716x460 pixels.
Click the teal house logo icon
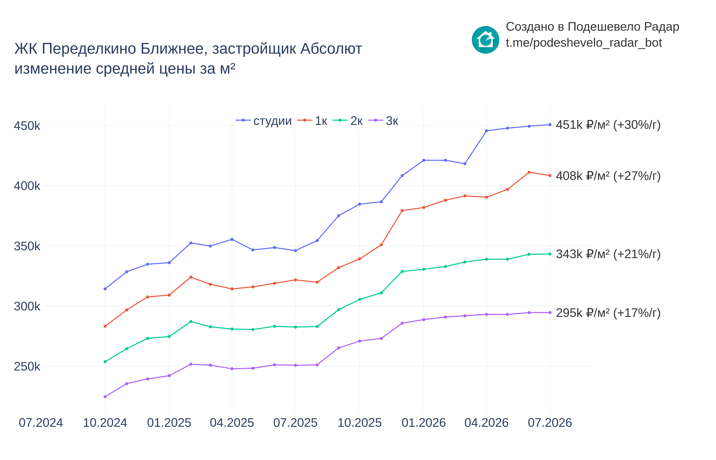coord(485,40)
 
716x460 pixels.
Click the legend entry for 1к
coord(312,121)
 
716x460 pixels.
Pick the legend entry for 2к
coord(348,121)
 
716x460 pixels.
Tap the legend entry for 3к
coord(383,121)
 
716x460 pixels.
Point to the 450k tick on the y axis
coord(27,126)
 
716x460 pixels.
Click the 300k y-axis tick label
coord(27,306)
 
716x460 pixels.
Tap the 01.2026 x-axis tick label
coord(423,423)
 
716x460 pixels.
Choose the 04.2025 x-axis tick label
coord(232,423)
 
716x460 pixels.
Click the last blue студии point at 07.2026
coord(550,125)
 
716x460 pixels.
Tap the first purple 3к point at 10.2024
coord(105,397)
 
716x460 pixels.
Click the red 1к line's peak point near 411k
coord(529,172)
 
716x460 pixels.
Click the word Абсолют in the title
coord(331,49)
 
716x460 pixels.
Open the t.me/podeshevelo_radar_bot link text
coord(584,43)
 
